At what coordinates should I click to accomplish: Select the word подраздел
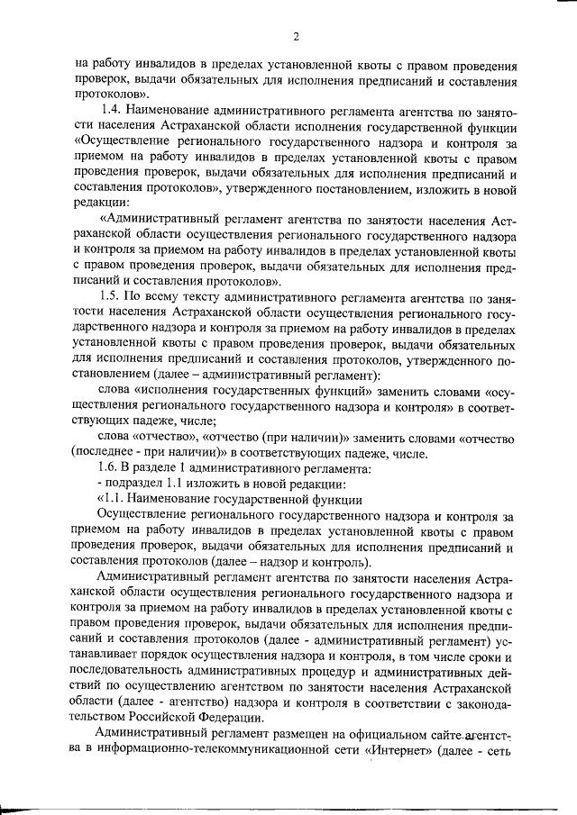point(136,484)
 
